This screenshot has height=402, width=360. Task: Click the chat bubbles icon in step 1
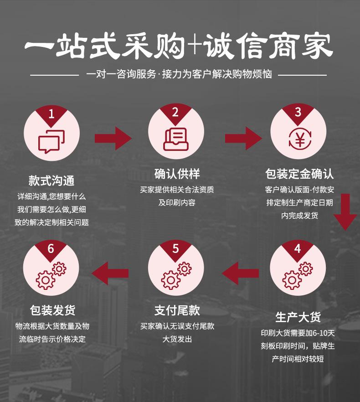51,142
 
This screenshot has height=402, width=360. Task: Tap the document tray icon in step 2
176,139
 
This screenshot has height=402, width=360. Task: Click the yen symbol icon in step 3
300,139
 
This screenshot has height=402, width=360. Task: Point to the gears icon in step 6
51,276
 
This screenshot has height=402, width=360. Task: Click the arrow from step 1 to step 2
113,138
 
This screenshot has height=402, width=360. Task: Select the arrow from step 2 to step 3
244,138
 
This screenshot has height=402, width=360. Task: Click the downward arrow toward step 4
345,212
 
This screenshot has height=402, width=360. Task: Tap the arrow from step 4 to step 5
240,273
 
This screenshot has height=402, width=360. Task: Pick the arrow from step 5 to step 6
110,273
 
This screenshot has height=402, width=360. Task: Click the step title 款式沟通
51,180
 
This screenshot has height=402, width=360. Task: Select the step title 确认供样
177,174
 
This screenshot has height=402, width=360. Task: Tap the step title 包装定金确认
299,174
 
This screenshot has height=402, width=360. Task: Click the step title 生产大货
298,317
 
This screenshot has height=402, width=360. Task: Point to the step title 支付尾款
177,310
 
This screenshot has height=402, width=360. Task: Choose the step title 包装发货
52,310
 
